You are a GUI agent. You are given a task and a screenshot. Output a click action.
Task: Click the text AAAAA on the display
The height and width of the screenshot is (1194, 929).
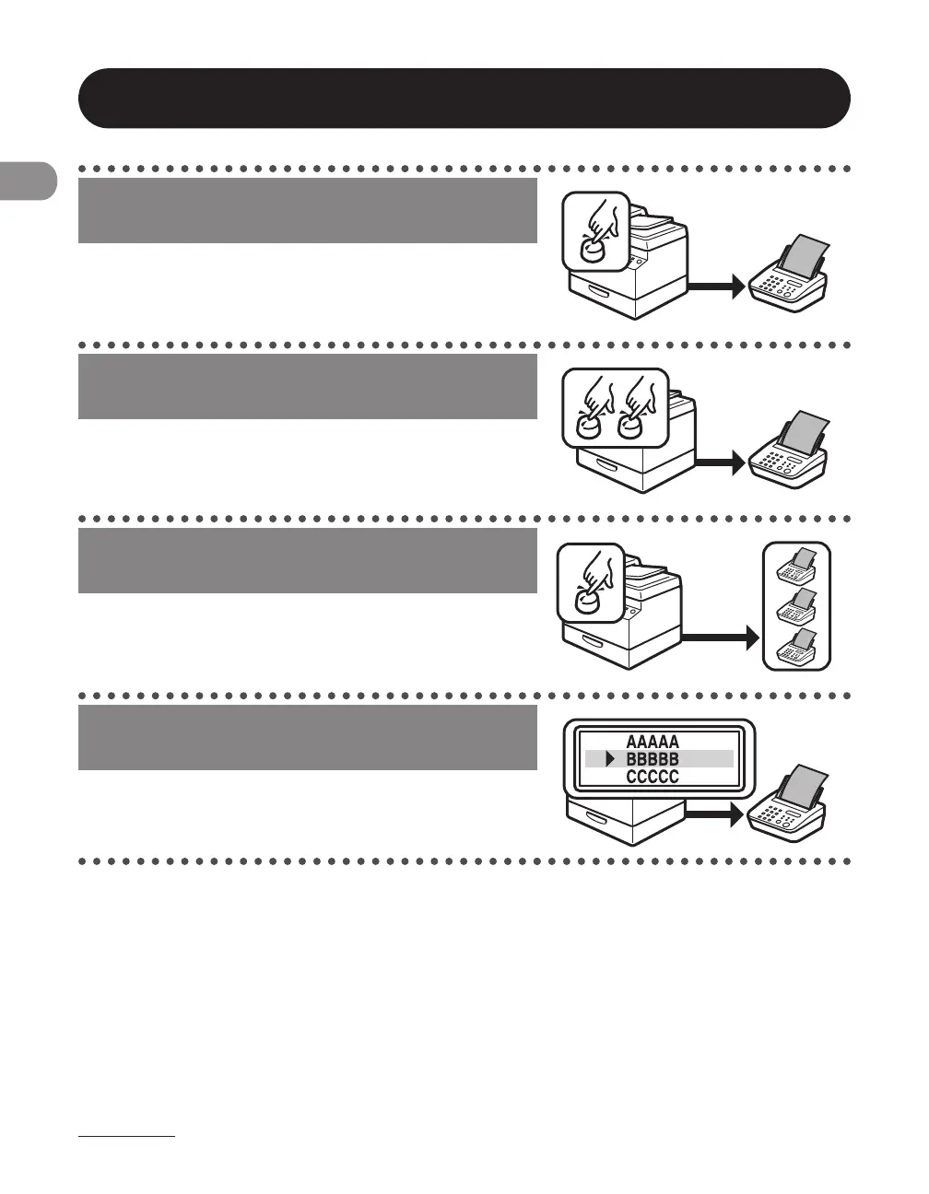653,742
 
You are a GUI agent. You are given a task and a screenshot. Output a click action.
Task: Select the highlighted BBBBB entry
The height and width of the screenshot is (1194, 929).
653,759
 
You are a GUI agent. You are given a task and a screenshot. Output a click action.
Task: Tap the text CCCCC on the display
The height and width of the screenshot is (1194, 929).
653,777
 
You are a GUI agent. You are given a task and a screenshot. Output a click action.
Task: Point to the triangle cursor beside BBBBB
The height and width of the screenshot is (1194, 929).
609,759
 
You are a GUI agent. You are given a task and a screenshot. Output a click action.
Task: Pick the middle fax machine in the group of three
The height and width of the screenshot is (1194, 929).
796,608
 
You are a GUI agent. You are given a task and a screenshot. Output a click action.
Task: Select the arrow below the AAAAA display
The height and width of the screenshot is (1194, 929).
715,814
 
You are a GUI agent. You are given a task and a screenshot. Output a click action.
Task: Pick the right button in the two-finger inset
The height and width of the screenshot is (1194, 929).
631,425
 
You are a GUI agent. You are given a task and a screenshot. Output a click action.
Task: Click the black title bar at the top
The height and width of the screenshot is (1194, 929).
464,98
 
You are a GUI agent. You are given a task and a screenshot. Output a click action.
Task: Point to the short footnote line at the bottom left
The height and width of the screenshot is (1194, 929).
126,1138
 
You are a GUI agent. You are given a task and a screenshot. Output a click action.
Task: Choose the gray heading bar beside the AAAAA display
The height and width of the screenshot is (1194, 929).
307,738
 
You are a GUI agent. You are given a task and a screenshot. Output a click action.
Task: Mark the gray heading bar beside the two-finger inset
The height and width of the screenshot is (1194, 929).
307,386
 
